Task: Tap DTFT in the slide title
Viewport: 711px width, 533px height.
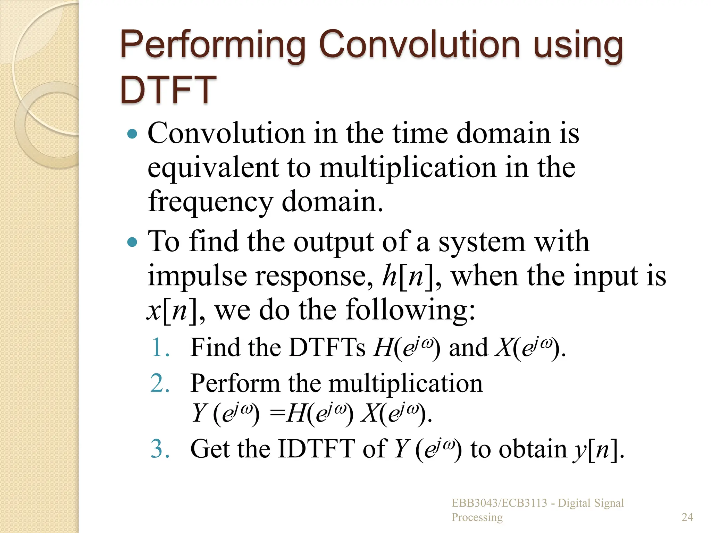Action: pos(168,90)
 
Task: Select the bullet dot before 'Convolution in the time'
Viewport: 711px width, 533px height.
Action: pos(132,134)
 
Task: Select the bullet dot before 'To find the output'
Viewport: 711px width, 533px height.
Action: pos(132,242)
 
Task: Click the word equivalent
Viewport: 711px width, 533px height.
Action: pos(213,168)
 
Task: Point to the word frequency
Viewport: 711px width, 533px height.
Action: pos(210,202)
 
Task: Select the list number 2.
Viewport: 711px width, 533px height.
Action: pos(160,383)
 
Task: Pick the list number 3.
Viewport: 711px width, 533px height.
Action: pos(160,449)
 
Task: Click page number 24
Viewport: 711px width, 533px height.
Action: pos(687,517)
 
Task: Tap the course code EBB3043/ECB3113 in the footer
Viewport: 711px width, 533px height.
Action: pos(499,503)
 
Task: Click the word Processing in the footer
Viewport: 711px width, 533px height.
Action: pos(477,517)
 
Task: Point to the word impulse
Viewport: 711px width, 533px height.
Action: pos(197,276)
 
